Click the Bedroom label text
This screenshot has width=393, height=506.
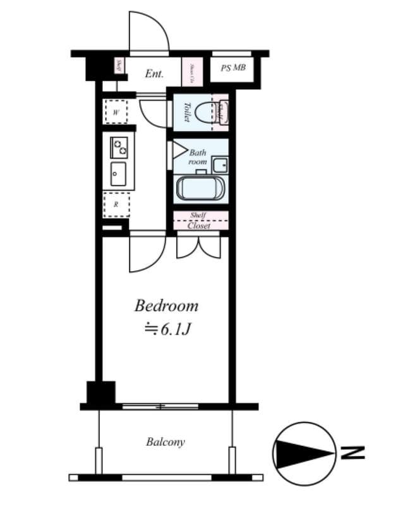pos(166,307)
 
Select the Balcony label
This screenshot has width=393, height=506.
pos(166,441)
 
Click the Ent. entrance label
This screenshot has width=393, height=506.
pos(154,74)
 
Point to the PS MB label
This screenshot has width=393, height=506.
pos(233,68)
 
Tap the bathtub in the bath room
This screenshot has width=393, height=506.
pos(200,188)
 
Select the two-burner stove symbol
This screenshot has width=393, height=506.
pos(119,147)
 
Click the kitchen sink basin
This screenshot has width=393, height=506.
pos(118,173)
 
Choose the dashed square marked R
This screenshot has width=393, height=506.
pos(116,204)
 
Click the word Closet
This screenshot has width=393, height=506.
pos(200,225)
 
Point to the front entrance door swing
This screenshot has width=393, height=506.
pos(148,32)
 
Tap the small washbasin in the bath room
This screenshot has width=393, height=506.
pos(220,166)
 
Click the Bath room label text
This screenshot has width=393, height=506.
pos(198,157)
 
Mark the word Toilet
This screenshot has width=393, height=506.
pos(187,113)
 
